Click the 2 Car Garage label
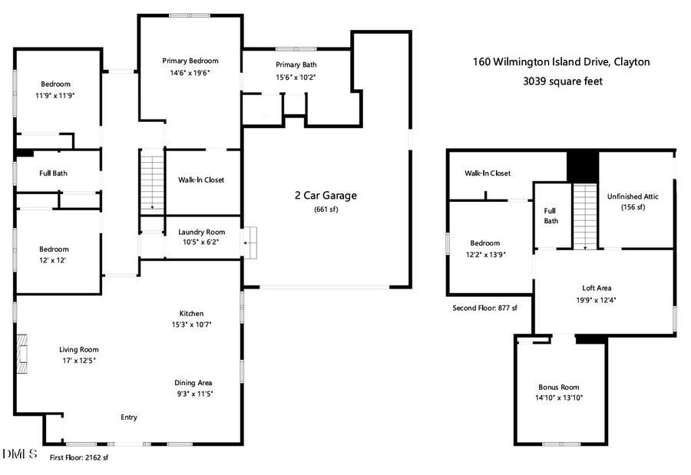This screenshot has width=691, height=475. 326,196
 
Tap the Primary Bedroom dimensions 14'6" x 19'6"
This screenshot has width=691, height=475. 190,73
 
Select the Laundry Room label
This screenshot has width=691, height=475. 201,232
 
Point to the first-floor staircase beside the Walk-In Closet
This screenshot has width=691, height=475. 152,182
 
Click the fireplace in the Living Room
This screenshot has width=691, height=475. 24,354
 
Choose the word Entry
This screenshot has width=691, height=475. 129,417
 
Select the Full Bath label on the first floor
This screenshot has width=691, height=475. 53,173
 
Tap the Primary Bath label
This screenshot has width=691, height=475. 296,65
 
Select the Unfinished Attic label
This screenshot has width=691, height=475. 633,196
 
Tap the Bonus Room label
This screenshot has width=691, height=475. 559,388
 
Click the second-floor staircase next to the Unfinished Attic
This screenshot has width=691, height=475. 585,216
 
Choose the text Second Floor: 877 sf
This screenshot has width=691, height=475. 484,308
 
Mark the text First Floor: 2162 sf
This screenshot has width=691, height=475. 79,457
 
